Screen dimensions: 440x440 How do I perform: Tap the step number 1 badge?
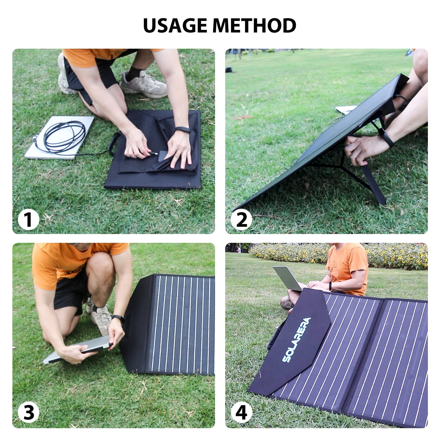point(28,220)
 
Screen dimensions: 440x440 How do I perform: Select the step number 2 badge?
point(241,220)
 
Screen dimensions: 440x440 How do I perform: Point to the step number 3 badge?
point(28,413)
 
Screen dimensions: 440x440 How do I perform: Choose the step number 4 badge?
point(241,413)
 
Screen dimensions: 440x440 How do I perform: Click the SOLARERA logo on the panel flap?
point(296,340)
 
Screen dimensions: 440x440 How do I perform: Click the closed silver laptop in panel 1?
point(59,137)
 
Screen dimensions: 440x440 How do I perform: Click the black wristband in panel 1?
point(182,130)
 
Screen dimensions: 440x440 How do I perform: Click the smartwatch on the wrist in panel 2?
point(386,137)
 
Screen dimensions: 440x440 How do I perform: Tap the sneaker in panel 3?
point(101,319)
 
